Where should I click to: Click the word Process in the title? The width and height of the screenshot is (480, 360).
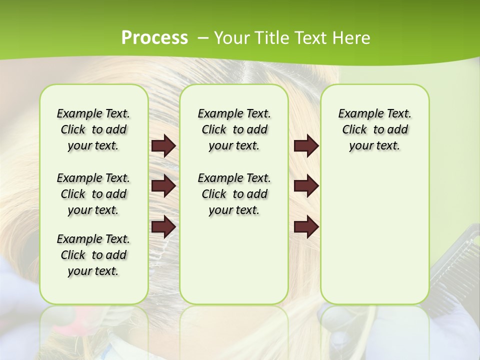click(x=154, y=38)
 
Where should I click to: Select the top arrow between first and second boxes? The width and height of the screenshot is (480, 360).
click(x=163, y=146)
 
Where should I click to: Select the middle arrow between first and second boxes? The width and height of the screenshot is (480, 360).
click(x=163, y=186)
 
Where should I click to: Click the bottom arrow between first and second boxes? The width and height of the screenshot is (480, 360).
click(x=163, y=226)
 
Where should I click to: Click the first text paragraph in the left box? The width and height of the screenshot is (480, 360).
click(x=93, y=129)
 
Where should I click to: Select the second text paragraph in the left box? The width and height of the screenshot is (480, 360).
click(x=93, y=194)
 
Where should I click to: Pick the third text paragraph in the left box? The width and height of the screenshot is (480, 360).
click(x=93, y=255)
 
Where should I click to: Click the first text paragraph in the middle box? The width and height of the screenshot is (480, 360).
click(x=234, y=129)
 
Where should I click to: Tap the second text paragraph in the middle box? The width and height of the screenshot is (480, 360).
click(x=234, y=194)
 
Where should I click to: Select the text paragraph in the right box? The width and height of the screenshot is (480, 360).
click(x=374, y=129)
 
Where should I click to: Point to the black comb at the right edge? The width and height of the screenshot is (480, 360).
click(x=452, y=260)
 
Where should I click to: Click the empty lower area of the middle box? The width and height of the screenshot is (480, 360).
click(x=234, y=260)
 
